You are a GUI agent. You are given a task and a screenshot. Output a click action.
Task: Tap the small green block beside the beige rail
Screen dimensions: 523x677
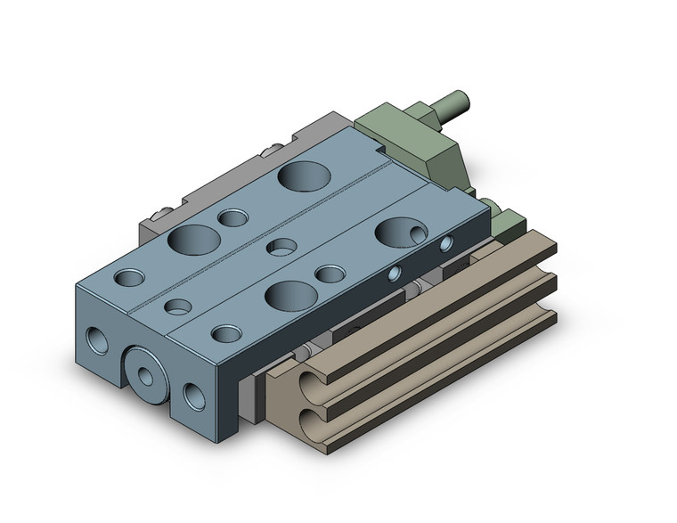[509, 223]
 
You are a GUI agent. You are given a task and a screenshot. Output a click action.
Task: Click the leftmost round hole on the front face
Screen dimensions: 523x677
[94, 338]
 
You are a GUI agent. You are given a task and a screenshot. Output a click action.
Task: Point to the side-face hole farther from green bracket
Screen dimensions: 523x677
[393, 273]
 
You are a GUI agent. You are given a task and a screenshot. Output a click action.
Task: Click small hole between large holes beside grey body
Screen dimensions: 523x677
[233, 218]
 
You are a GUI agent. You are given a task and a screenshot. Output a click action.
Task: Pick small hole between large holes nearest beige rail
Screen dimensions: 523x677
[330, 274]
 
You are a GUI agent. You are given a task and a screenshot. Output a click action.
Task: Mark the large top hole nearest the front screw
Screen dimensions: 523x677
[193, 239]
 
